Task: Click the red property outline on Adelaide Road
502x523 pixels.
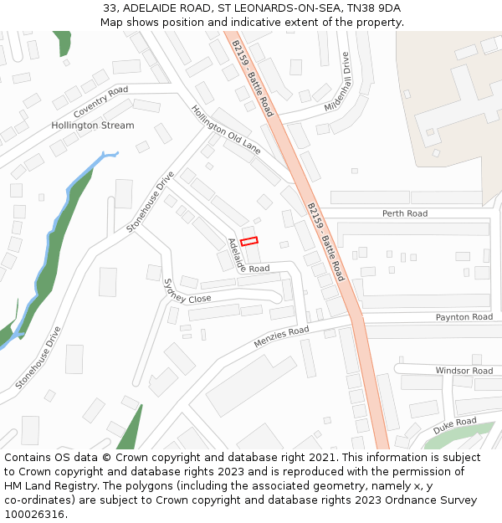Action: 249,242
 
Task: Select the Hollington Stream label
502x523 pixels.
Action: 92,126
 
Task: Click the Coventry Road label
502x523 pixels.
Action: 100,101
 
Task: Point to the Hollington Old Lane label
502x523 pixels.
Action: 225,130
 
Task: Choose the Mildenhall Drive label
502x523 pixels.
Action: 336,83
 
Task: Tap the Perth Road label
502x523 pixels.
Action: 405,213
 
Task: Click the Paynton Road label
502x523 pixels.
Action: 464,317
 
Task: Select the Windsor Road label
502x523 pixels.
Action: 464,371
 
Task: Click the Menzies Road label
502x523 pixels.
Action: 281,338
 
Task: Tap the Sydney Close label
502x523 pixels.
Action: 187,292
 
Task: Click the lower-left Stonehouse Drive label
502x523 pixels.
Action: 38,358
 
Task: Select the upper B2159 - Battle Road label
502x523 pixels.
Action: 252,78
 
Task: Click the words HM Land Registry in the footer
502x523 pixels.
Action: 45,485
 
